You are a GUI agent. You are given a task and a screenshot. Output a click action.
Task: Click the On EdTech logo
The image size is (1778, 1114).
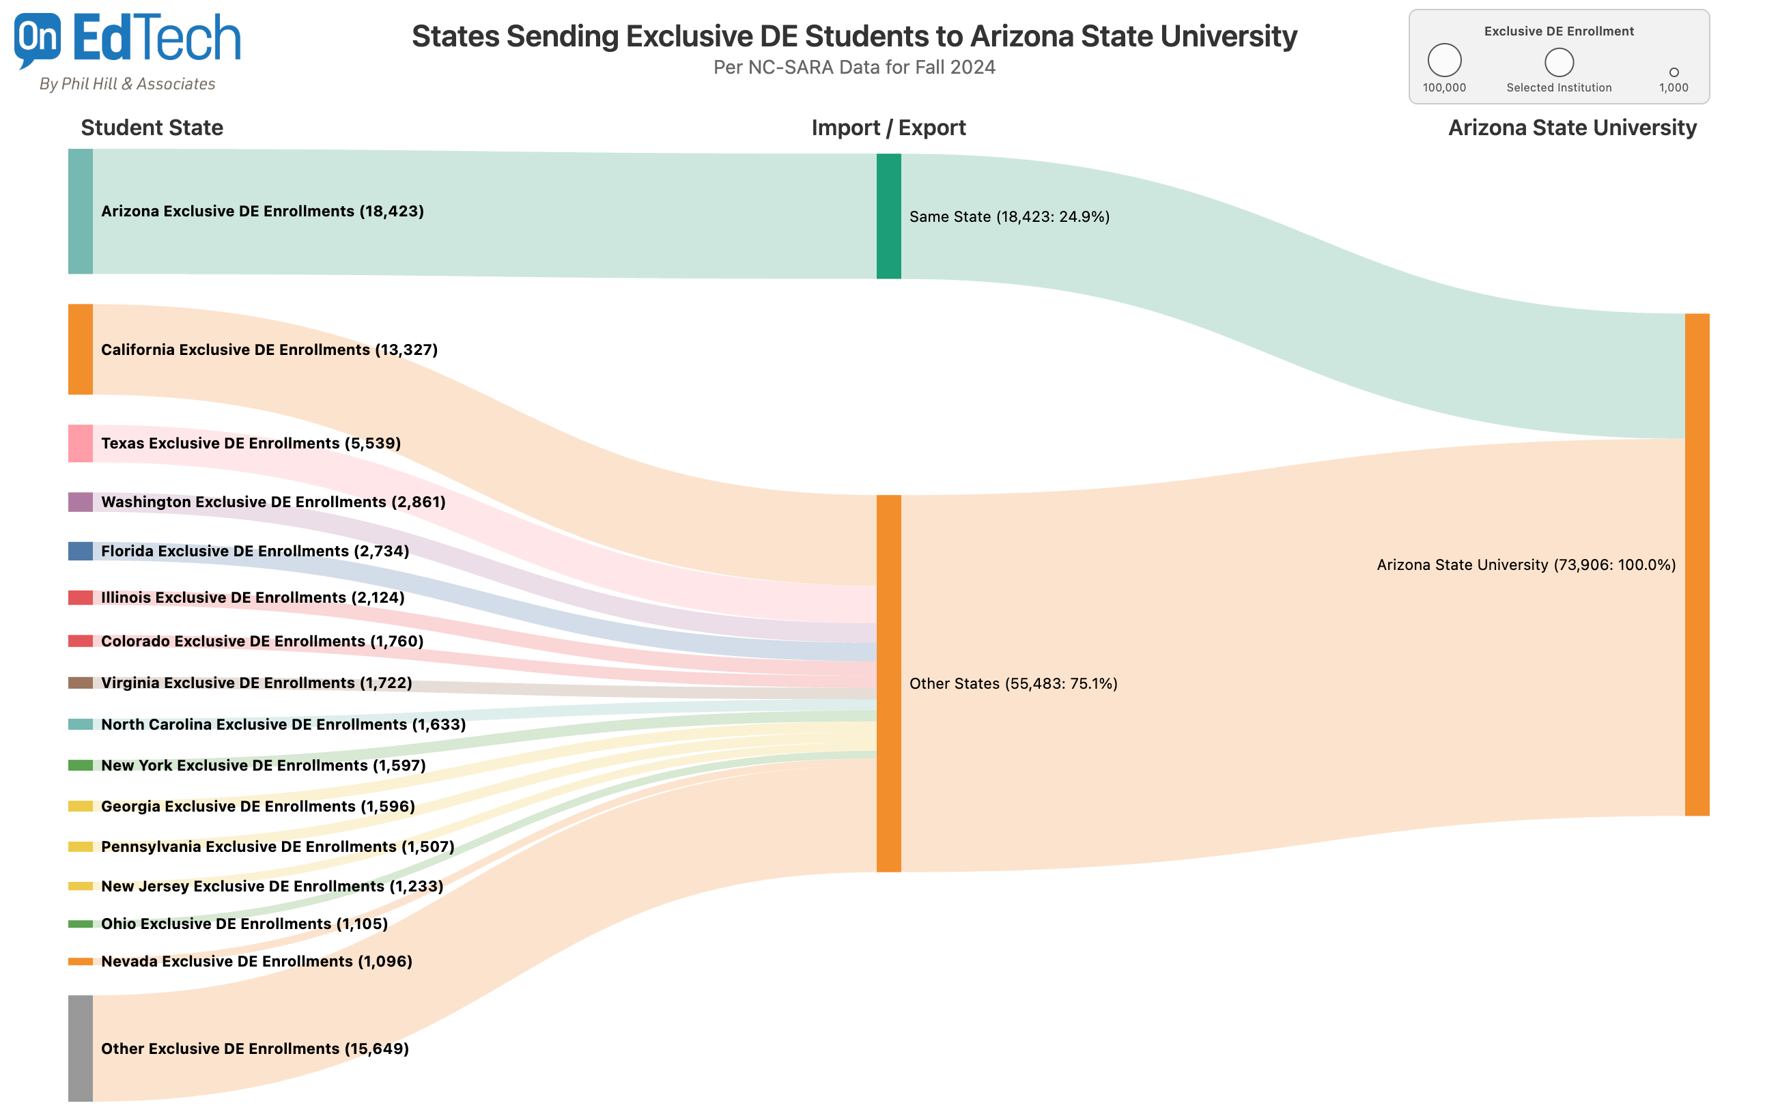coord(127,50)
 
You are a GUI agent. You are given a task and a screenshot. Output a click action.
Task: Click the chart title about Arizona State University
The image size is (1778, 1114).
coord(853,36)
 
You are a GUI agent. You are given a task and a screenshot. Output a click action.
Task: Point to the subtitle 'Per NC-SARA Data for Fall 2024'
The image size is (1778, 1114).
coord(853,67)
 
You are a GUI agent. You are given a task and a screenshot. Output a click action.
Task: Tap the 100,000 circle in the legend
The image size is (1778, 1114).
coord(1443,61)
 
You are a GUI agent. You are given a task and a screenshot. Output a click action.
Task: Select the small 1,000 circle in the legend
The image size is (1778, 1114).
coord(1673,72)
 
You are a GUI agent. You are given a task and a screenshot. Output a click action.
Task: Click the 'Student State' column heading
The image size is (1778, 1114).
coord(152,128)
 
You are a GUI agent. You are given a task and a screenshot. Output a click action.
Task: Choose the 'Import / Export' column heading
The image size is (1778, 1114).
coord(888,128)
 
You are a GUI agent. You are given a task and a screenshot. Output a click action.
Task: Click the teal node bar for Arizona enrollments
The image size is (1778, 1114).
coord(81,212)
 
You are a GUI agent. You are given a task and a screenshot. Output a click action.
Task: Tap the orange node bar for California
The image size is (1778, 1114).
coord(81,349)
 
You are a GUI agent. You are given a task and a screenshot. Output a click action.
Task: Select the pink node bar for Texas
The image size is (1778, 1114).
coord(81,444)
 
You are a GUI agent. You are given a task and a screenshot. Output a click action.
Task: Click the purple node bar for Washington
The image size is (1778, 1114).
coord(81,502)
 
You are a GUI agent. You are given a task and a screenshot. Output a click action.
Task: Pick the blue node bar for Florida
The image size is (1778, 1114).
coord(81,551)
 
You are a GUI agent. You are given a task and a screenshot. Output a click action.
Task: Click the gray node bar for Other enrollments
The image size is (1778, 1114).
coord(81,1048)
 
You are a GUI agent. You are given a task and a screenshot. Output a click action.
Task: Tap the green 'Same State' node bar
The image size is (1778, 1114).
coord(888,216)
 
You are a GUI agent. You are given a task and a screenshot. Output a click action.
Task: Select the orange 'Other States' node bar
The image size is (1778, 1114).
coord(888,683)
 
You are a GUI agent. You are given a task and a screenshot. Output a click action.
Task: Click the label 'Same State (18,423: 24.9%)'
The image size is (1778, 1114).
coord(1008,216)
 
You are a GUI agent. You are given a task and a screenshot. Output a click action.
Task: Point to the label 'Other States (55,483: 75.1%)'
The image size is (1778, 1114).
coord(1013,684)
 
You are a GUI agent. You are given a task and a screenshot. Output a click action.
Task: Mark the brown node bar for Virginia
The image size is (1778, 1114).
coord(81,683)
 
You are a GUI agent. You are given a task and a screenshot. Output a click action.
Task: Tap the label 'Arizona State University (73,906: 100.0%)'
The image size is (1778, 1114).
coord(1525,565)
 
